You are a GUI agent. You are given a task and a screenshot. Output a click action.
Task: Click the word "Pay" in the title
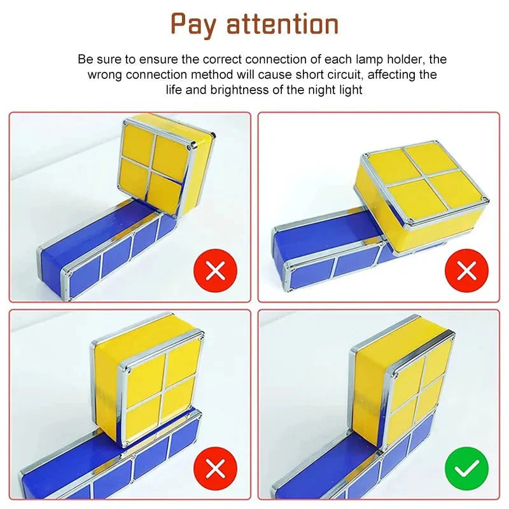coord(196,24)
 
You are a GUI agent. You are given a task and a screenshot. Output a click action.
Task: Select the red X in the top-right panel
coord(467,271)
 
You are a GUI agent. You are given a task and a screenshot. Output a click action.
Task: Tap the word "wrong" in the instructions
coord(104,75)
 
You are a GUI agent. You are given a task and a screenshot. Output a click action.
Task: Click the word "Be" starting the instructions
coord(85,60)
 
